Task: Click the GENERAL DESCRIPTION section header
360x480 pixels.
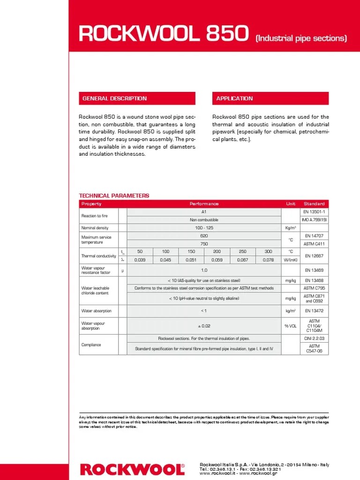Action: point(115,98)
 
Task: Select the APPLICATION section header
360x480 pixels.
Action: point(234,98)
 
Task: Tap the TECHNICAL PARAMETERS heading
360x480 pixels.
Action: point(114,195)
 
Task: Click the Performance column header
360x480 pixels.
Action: point(204,204)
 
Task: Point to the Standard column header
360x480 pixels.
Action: point(314,204)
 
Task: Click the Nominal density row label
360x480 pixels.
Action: point(95,228)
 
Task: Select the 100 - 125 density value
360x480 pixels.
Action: point(204,228)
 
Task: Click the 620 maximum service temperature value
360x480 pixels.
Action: point(204,236)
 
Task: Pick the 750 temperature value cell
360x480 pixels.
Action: point(204,244)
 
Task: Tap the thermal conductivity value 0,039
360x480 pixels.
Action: point(140,260)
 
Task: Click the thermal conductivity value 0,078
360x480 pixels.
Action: point(268,260)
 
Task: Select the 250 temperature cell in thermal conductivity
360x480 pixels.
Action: point(242,252)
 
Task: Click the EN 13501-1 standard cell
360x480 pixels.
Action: point(314,212)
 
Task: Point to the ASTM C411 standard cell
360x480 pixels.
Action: point(314,244)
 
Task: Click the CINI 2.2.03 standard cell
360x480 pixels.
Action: point(314,338)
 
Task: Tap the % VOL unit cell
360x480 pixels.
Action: point(290,326)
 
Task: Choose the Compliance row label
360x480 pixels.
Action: point(91,345)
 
